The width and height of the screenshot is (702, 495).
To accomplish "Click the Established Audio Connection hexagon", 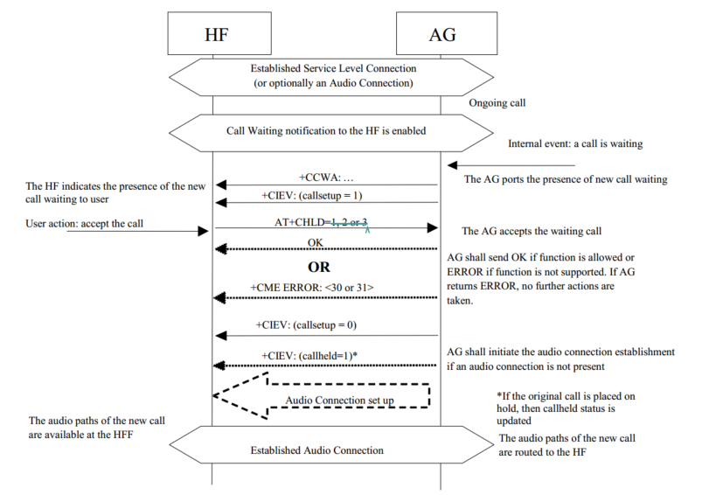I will pos(328,450).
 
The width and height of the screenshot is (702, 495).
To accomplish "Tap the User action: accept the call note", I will pos(84,225).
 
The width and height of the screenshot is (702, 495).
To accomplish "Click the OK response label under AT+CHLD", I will pos(316,241).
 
